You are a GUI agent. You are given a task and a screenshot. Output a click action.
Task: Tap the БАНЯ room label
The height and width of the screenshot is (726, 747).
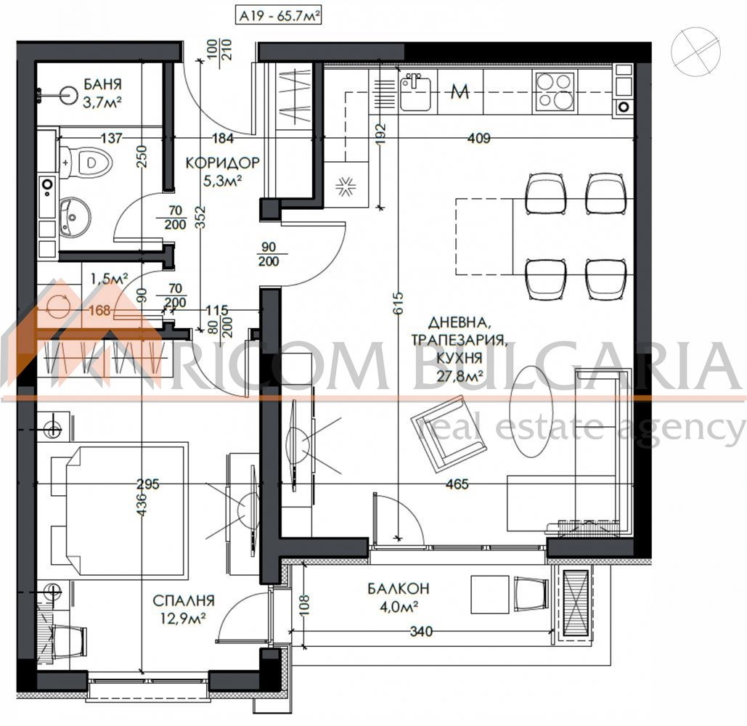tap(103, 84)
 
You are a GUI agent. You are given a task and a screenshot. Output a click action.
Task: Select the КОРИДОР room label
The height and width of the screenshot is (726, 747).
tap(222, 163)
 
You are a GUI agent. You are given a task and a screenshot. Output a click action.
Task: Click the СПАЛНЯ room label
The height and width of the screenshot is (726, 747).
tap(184, 600)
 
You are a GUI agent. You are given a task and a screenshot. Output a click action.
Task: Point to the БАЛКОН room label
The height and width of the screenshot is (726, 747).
tap(399, 588)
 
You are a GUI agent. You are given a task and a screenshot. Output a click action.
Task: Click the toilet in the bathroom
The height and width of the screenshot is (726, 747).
tap(86, 160)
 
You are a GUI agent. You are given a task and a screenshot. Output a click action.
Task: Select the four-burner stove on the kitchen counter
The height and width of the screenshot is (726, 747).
tap(555, 91)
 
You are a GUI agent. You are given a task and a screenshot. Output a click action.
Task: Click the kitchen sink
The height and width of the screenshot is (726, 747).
tap(415, 91)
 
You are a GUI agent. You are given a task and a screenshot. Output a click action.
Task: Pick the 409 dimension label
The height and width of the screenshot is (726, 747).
tap(478, 138)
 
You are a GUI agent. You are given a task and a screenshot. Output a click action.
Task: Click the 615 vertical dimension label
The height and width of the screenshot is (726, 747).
tap(399, 303)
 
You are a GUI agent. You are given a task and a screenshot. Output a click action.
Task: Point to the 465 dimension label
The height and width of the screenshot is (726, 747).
tap(457, 484)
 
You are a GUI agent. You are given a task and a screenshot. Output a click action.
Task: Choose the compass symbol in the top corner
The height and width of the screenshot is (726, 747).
tap(695, 51)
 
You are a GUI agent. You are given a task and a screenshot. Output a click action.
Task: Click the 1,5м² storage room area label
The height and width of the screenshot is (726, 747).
tap(109, 279)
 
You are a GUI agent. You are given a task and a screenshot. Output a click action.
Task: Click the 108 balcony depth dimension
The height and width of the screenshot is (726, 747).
tap(306, 605)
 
